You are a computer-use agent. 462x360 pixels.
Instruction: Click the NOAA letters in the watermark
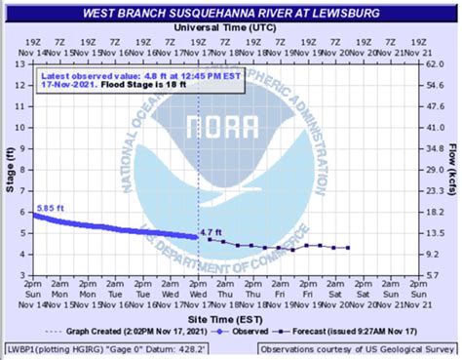pos(231,130)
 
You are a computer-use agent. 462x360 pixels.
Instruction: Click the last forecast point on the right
pos(349,248)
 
